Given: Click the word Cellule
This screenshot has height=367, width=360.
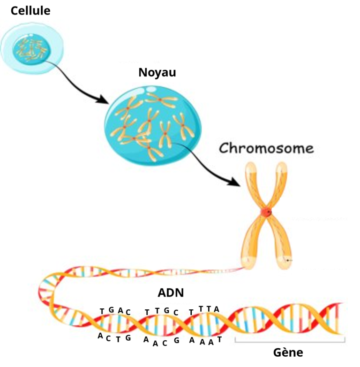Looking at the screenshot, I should [x=30, y=10].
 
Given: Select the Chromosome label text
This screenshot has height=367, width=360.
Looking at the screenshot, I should [x=266, y=149].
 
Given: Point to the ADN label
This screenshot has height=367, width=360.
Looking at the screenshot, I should [x=171, y=292].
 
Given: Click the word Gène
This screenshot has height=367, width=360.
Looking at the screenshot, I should [x=288, y=352].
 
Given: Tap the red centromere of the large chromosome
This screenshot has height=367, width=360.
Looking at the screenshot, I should [x=266, y=212].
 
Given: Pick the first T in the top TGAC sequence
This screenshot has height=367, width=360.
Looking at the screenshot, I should [x=102, y=311].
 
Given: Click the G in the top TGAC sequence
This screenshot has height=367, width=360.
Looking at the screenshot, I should [x=111, y=310].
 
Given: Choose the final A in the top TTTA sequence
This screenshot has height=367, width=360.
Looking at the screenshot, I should [x=216, y=309].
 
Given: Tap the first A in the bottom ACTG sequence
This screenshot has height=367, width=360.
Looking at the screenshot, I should [x=100, y=336].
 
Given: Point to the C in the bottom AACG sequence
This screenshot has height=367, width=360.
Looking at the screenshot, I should [x=165, y=343].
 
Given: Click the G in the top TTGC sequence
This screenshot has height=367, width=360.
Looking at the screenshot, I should [x=166, y=310].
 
